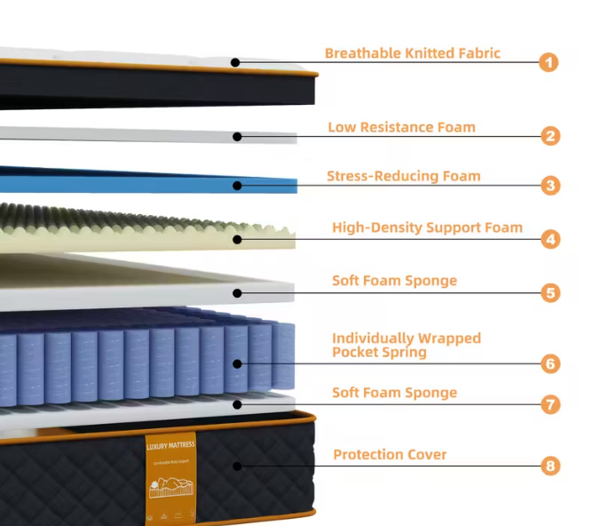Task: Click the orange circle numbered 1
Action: tap(550, 62)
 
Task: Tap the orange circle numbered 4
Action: tap(550, 239)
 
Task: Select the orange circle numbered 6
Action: tap(550, 363)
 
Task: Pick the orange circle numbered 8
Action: tap(550, 466)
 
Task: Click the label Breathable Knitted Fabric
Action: tap(412, 53)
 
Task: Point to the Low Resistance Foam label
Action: tap(401, 127)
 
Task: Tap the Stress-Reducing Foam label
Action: tap(403, 176)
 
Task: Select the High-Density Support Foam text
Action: tap(427, 227)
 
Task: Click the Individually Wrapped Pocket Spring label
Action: tap(407, 345)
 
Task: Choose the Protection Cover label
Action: tap(390, 455)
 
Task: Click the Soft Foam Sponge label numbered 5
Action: tap(394, 281)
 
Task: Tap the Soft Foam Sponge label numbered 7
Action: tap(394, 393)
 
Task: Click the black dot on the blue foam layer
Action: tap(237, 186)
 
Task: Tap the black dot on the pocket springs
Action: tap(237, 363)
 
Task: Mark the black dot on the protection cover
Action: tap(237, 466)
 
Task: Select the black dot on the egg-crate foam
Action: tap(237, 238)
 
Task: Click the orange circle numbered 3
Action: tap(550, 186)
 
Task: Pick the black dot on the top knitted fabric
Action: tap(235, 62)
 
